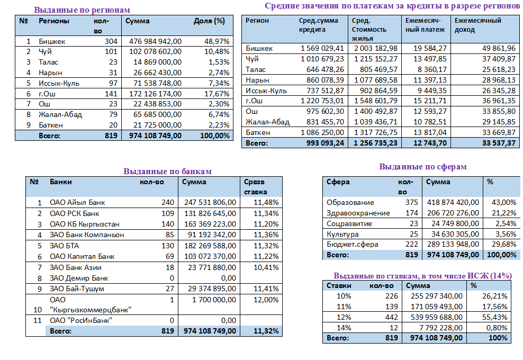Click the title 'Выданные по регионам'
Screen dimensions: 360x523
click(82, 10)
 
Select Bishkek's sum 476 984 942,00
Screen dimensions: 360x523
click(156, 41)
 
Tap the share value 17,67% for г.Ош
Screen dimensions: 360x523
click(217, 94)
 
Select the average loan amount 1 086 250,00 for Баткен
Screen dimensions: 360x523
click(322, 132)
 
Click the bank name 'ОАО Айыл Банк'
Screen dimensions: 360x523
click(77, 203)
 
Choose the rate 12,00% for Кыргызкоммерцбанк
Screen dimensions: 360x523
click(266, 300)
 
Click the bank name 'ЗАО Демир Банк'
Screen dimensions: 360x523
click(79, 278)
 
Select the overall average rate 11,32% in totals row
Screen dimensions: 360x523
click(266, 331)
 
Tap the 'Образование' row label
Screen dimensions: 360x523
click(350, 202)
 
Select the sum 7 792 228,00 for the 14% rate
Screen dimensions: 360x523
click(439, 327)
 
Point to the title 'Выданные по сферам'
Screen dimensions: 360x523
click(423, 167)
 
